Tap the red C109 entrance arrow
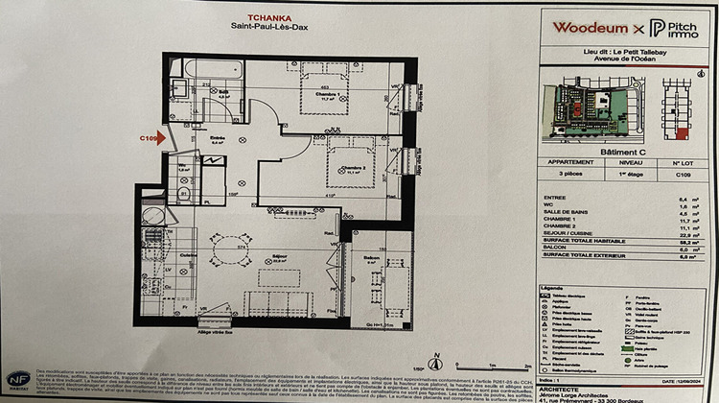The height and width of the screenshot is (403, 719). coord(160,138)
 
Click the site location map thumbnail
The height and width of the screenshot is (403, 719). coord(595,104)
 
